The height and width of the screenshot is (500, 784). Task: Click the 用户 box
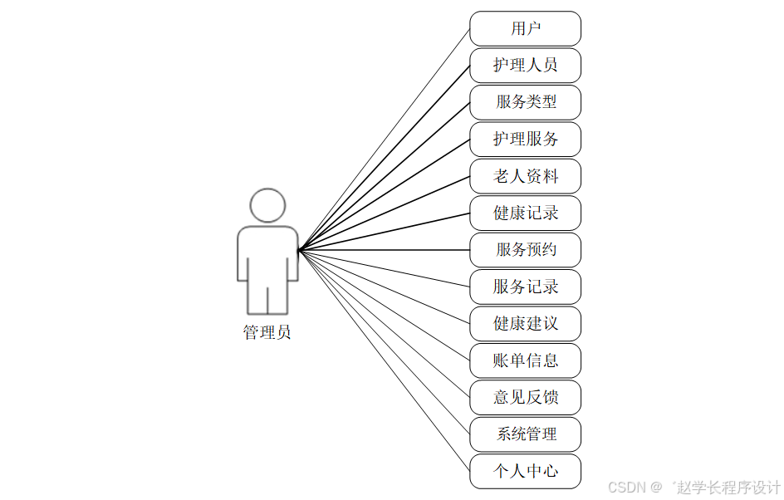(525, 28)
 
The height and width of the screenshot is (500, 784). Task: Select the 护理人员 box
(525, 66)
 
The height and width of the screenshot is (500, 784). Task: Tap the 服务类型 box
(525, 102)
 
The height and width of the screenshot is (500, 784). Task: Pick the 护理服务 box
(525, 139)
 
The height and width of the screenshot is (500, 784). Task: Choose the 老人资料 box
(525, 176)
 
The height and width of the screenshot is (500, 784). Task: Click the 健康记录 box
(525, 213)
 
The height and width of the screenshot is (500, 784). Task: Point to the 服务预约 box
(525, 250)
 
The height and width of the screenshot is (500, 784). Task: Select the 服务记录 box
(525, 287)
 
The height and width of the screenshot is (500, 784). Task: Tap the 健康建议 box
(525, 323)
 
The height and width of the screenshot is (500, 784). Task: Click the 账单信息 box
(525, 360)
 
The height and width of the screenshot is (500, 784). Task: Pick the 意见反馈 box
(525, 397)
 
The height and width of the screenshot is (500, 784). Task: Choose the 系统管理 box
(525, 434)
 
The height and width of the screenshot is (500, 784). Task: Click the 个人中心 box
(525, 471)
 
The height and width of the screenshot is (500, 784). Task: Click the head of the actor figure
(267, 205)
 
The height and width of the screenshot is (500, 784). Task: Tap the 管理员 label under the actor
(267, 333)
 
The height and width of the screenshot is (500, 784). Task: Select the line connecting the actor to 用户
(385, 140)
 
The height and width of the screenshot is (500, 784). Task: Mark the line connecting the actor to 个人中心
(385, 360)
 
